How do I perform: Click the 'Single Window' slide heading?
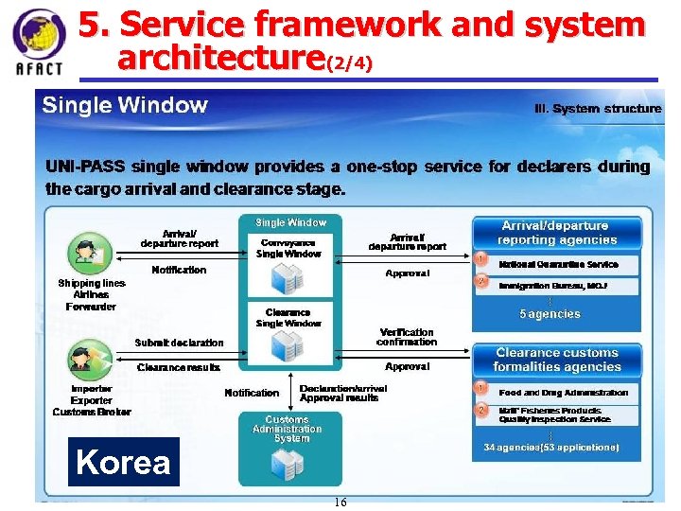coord(124,105)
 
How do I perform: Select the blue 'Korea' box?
coord(123,462)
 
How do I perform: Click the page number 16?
coord(340,502)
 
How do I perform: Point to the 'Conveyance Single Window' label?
coord(288,248)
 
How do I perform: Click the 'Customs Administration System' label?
coord(287,429)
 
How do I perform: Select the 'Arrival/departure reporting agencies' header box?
coord(555,233)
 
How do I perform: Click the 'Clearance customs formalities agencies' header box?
coord(556,360)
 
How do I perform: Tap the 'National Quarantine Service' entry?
coord(558,265)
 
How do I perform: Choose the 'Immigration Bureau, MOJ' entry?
coord(553,285)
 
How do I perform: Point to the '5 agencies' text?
coord(550,314)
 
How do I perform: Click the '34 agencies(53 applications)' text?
coord(551,447)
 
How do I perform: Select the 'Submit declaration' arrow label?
coord(179,343)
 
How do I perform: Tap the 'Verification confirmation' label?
coord(407,337)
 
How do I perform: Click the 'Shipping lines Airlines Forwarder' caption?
coord(91,294)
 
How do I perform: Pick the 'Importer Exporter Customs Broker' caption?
coord(92,400)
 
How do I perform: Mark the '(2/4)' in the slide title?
coord(349,64)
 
